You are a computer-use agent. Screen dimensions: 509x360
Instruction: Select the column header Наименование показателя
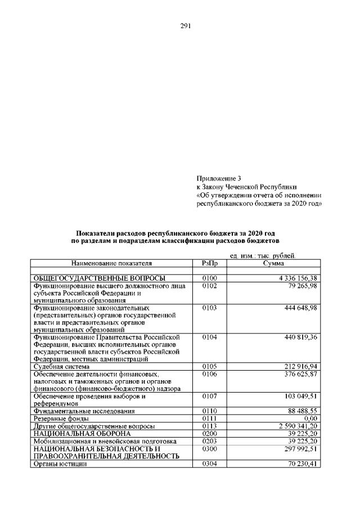[111, 263]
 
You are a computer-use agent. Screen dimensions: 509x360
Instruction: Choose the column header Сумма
[273, 263]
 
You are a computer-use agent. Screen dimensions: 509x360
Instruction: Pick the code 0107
[209, 397]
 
